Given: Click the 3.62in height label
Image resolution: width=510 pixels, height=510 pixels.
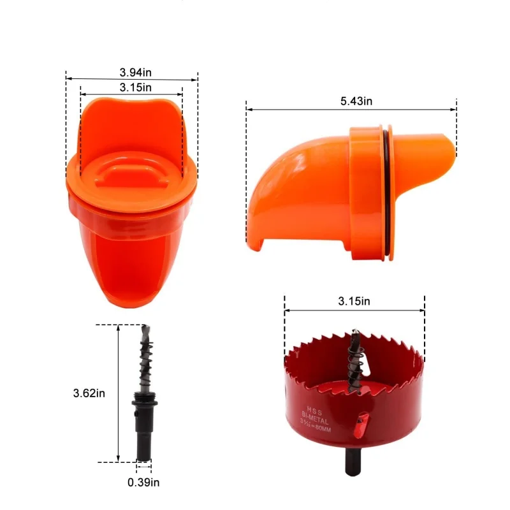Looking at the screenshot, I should (88, 393).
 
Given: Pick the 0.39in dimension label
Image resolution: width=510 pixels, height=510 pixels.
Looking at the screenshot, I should (143, 483).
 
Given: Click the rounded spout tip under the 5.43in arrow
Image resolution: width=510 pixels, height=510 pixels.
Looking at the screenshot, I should (449, 144).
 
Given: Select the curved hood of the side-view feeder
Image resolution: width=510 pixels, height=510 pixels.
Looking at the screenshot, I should (287, 185).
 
